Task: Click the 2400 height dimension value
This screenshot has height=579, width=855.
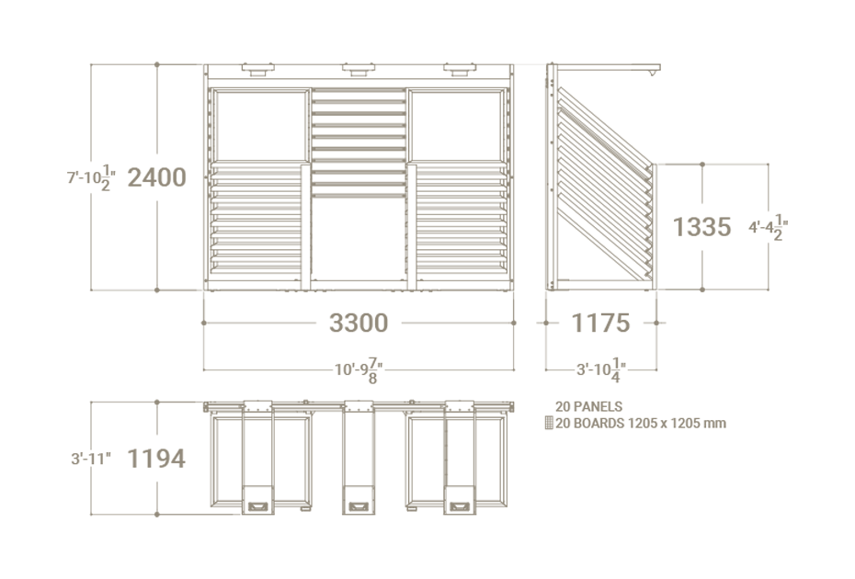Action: (157, 177)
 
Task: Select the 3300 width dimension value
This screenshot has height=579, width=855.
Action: (359, 323)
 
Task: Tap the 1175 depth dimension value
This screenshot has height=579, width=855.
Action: (600, 323)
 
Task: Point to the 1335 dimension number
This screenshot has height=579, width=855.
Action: (701, 227)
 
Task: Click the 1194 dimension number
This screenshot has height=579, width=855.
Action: (156, 459)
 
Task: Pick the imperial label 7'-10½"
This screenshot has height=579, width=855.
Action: (92, 177)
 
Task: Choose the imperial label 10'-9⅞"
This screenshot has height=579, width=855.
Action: (359, 370)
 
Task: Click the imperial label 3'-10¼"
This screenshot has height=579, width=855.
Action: (601, 370)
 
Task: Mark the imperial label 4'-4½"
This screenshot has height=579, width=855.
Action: (769, 227)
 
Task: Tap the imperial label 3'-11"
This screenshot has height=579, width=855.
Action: (91, 459)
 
